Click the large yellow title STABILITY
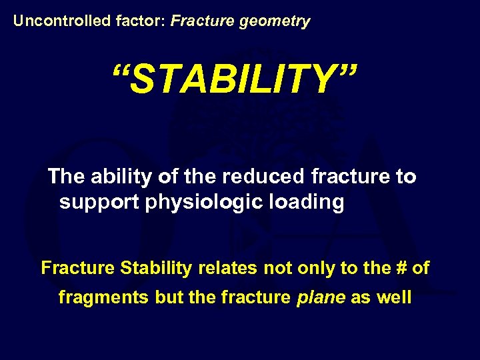click(x=235, y=81)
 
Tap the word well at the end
click(x=393, y=297)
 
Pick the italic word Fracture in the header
click(x=197, y=21)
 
